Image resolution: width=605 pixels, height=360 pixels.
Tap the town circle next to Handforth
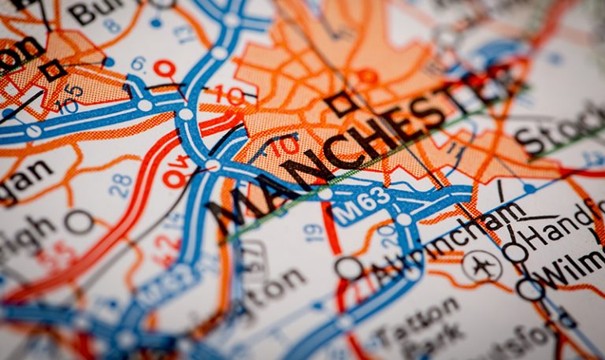[515, 252]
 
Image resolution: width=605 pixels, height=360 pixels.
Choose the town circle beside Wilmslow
[530, 288]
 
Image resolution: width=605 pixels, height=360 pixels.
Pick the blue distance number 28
[121, 185]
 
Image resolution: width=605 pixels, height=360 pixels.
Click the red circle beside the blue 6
[164, 69]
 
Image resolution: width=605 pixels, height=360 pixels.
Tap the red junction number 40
[179, 174]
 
